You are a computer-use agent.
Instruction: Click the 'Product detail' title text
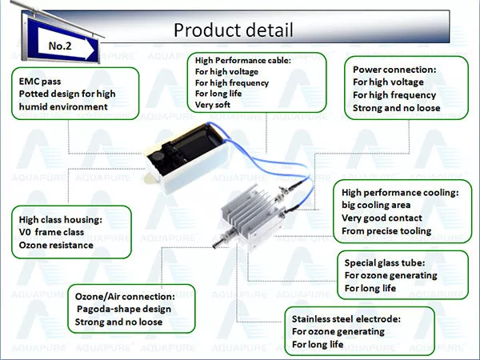click(x=234, y=30)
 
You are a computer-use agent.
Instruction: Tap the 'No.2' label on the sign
click(x=60, y=46)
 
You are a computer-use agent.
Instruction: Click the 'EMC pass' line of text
click(x=40, y=82)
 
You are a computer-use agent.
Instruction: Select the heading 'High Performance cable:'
click(x=243, y=60)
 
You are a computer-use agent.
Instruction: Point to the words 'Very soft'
click(x=213, y=105)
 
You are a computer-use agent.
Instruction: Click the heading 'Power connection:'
click(x=394, y=70)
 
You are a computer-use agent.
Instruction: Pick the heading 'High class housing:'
click(x=61, y=219)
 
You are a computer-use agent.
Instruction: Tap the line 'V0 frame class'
click(x=51, y=232)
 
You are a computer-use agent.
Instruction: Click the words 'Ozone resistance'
click(x=56, y=245)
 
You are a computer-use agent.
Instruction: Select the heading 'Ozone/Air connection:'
click(x=125, y=296)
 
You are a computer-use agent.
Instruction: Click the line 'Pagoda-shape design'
click(x=124, y=309)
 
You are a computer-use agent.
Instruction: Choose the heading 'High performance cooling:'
click(x=401, y=193)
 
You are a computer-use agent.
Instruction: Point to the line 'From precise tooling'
click(x=386, y=231)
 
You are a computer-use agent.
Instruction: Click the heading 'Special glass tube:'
click(x=385, y=262)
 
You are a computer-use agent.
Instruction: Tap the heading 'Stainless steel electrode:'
click(x=346, y=319)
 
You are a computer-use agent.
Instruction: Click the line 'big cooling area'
click(x=376, y=205)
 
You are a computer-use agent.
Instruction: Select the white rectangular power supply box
click(x=186, y=158)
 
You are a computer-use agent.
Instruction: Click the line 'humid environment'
click(x=63, y=107)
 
